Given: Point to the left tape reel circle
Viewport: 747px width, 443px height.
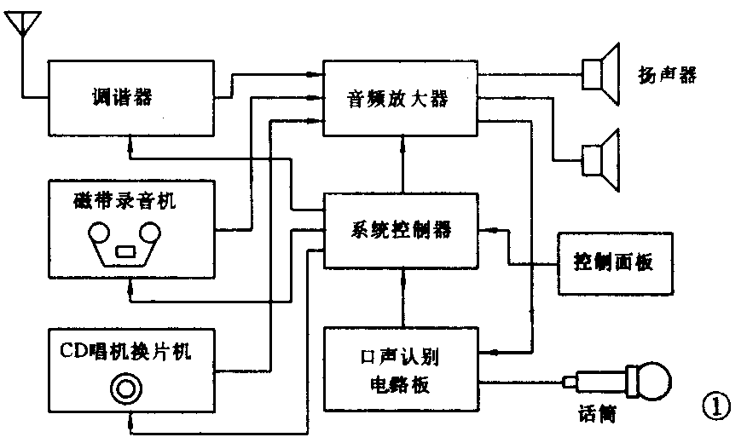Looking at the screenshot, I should (x=99, y=233).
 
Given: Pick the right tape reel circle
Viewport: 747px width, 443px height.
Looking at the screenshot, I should (x=151, y=232).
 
